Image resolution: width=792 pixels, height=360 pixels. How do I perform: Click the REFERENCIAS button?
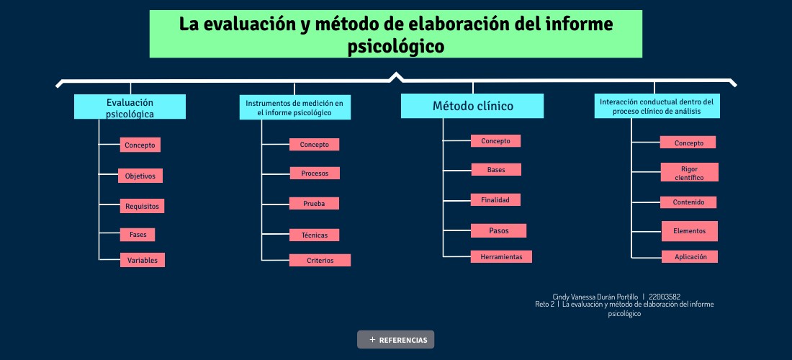(395, 340)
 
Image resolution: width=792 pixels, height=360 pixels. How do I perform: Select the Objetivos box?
(140, 176)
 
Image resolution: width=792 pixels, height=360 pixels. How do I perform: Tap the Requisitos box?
(142, 206)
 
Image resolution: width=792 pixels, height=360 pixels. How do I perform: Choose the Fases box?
(138, 235)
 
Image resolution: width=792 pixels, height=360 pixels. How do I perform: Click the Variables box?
(143, 260)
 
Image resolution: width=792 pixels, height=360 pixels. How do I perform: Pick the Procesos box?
(315, 174)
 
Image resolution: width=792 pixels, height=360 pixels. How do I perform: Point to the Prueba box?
(314, 204)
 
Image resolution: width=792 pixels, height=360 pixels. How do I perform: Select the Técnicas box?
(314, 235)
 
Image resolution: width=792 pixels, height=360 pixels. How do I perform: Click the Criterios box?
(320, 261)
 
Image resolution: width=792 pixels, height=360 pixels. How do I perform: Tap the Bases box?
(496, 170)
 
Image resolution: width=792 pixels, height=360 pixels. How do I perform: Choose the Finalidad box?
(495, 200)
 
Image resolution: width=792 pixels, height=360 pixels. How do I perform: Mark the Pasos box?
(498, 230)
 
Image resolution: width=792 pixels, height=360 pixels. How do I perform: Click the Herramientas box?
(502, 256)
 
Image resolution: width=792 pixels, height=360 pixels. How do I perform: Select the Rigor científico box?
(690, 172)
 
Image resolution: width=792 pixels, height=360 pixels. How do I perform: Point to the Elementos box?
(690, 231)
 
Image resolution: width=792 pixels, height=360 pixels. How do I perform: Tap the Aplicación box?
(690, 256)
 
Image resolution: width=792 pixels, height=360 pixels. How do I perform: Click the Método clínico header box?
(472, 106)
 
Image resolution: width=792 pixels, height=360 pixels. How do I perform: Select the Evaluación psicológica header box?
(130, 107)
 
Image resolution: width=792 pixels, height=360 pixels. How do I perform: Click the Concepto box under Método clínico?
(495, 141)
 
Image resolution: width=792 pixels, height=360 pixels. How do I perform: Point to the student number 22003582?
(665, 297)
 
